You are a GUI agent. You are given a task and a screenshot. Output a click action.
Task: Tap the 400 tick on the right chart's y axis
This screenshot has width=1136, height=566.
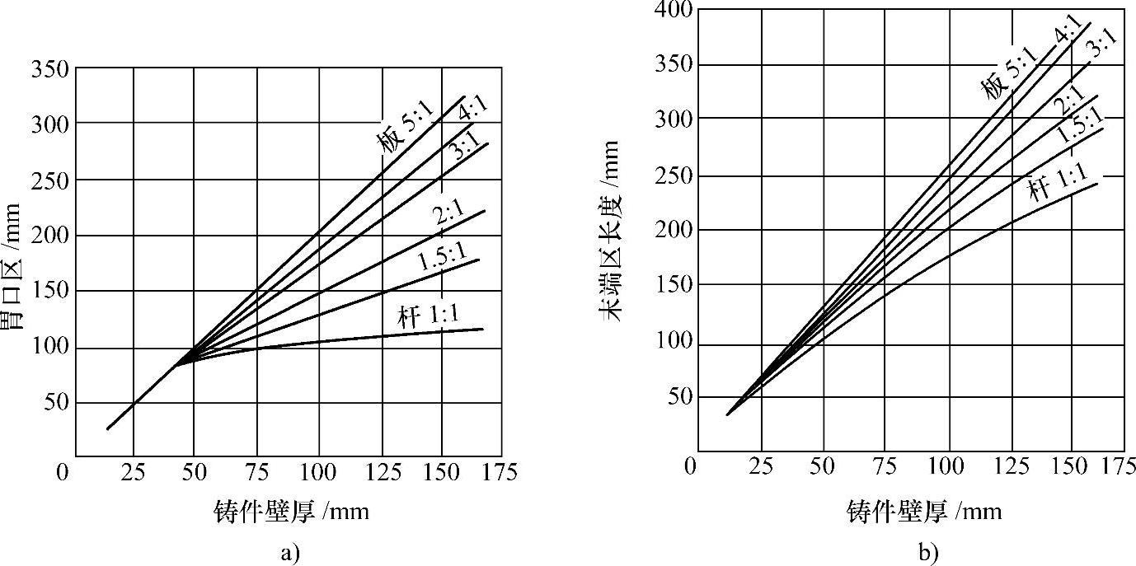[x=674, y=10]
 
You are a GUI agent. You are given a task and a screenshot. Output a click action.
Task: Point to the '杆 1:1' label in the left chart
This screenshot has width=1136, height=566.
[x=430, y=316]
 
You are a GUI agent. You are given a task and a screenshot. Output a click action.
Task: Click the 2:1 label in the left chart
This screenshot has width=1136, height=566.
[x=450, y=215]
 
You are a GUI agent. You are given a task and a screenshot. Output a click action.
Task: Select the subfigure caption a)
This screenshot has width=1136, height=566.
[x=288, y=552]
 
